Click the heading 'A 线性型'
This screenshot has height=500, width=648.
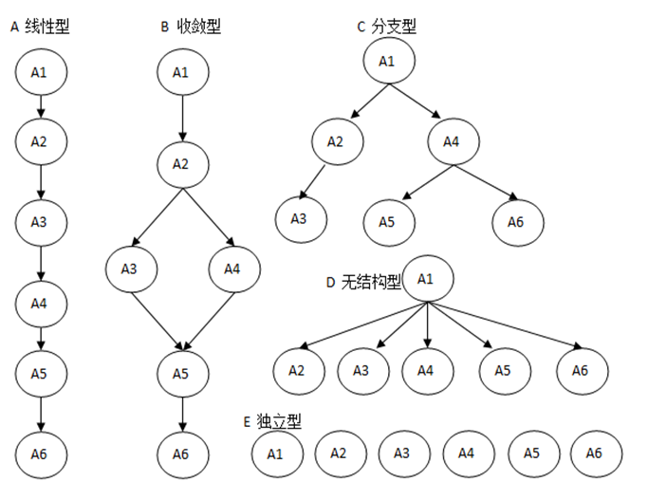click(39, 28)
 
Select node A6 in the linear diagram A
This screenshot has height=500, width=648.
click(39, 454)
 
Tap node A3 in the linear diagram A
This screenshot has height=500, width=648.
click(39, 222)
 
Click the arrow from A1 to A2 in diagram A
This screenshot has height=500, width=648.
click(39, 106)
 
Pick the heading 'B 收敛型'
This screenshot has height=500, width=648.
click(191, 28)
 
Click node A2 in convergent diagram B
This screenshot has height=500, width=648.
click(180, 163)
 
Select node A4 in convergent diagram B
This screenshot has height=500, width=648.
click(232, 269)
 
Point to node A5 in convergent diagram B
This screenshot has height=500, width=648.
click(181, 373)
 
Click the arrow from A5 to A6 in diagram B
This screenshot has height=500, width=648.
click(181, 414)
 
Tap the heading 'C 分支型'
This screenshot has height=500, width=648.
click(386, 28)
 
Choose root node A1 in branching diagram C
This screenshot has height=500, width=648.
click(386, 62)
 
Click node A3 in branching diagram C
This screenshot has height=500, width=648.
click(299, 219)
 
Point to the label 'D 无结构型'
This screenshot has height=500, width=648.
click(363, 282)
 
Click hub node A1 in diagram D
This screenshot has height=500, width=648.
click(427, 279)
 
